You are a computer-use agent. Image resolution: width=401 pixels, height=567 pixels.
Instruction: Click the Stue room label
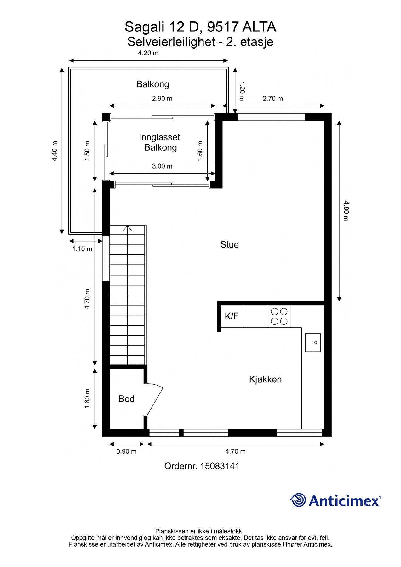(x=229, y=244)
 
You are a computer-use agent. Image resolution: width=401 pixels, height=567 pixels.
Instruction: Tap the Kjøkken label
(x=265, y=379)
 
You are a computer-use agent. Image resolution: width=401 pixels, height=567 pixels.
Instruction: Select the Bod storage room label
(x=126, y=399)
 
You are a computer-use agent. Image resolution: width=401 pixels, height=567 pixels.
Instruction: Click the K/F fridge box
(x=232, y=316)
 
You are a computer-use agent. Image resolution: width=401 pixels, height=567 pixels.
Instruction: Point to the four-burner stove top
(x=279, y=316)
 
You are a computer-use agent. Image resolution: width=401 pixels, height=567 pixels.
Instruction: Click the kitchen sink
(x=313, y=342)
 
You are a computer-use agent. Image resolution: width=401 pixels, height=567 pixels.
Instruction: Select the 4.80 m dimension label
(x=346, y=211)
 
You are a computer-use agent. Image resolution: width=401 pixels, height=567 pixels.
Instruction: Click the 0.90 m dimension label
(x=126, y=451)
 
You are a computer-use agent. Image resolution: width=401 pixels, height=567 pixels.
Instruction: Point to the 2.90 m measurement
(x=162, y=99)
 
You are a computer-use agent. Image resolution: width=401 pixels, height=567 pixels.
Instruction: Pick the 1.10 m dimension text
(x=82, y=249)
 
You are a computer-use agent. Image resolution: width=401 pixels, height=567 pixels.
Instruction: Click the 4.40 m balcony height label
(x=55, y=151)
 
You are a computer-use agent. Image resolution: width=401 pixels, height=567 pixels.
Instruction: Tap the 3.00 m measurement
(x=162, y=166)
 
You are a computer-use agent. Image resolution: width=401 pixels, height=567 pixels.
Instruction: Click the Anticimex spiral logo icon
(x=298, y=500)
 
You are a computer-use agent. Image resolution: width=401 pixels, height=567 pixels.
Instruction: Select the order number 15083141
(x=220, y=466)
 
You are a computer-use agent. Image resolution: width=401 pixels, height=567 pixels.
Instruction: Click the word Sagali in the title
(x=145, y=27)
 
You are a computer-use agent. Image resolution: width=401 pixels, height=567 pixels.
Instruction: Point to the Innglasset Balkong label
(x=160, y=142)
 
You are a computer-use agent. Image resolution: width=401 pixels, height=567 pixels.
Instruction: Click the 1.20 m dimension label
(x=242, y=91)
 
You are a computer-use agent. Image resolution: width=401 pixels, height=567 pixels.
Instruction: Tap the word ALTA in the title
(x=259, y=27)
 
